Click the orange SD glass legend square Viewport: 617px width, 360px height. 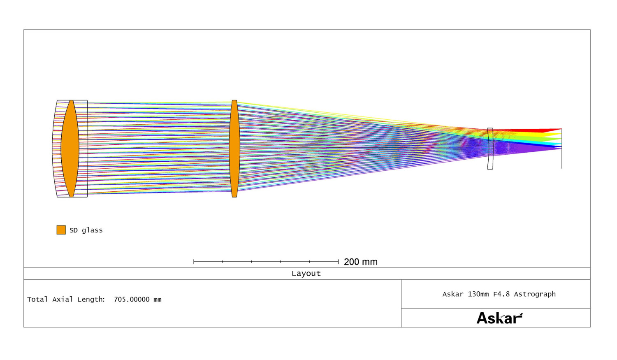pos(61,230)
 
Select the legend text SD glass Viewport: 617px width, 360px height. pos(86,230)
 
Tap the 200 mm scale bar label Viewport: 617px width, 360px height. pos(361,262)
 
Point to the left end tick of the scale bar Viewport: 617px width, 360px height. pos(194,261)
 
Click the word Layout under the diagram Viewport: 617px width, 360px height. pos(306,274)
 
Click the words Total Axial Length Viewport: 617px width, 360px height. pos(66,300)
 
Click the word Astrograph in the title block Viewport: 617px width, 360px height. pos(535,295)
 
